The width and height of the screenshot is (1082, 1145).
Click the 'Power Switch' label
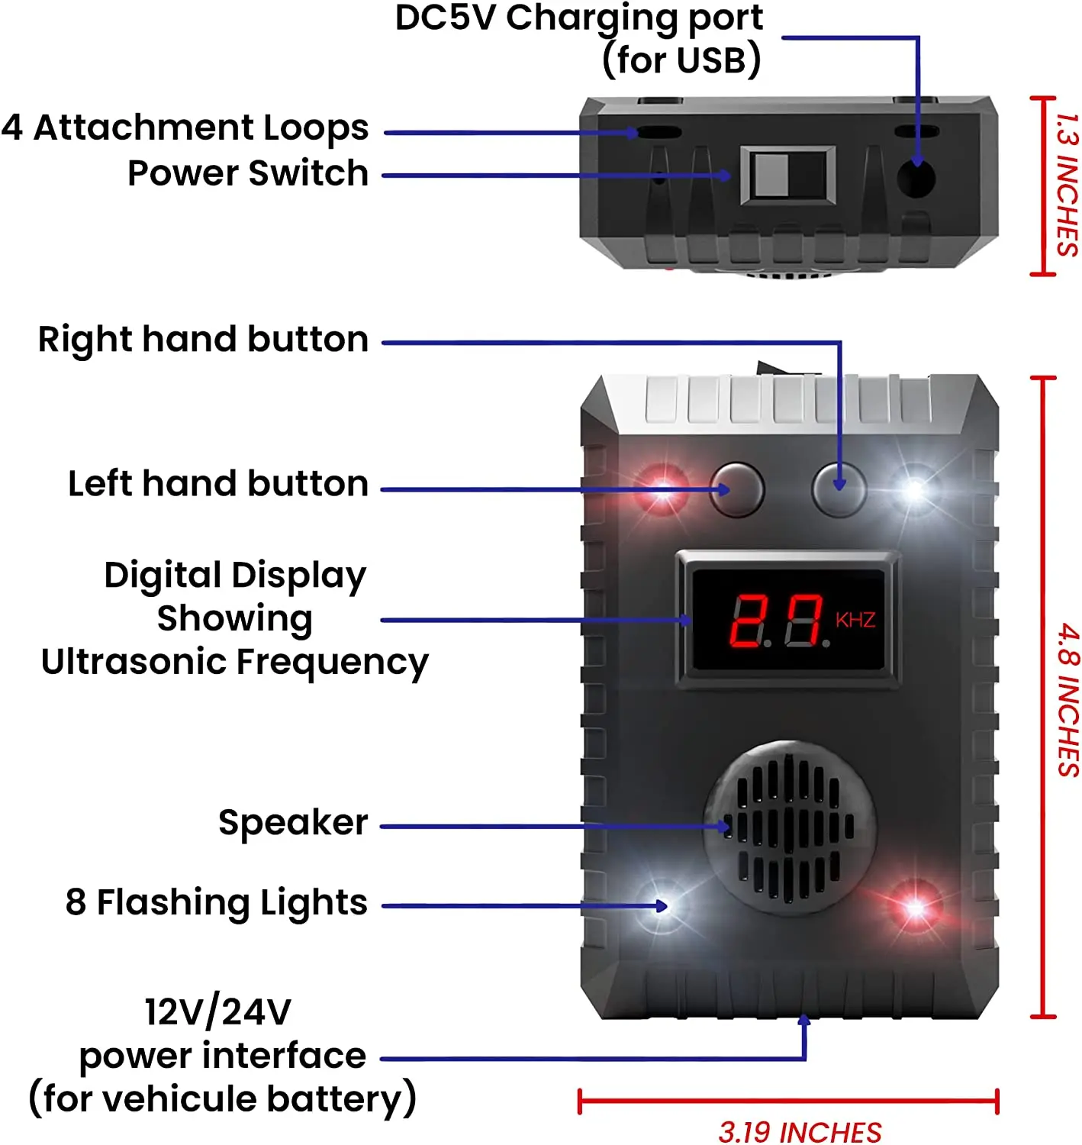click(x=248, y=173)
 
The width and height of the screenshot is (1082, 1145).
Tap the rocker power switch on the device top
click(x=787, y=176)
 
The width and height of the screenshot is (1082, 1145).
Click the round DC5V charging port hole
click(x=916, y=180)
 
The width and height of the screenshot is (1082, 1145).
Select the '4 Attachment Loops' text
click(x=185, y=127)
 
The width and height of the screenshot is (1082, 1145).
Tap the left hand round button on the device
click(x=737, y=489)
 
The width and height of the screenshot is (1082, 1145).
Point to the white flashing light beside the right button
click(x=913, y=489)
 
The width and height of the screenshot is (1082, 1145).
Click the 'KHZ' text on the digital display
click(x=855, y=620)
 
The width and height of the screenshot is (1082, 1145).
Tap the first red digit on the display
click(x=745, y=621)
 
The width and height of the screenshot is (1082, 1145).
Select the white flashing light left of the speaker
click(x=661, y=906)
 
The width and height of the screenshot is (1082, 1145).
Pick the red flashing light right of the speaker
click(x=915, y=907)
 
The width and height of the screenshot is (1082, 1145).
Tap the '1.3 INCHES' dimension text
click(x=1067, y=184)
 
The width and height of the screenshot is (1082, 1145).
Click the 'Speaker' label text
click(x=293, y=823)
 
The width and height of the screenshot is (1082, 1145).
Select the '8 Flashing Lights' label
click(x=217, y=902)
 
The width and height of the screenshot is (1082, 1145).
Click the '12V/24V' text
click(x=218, y=1012)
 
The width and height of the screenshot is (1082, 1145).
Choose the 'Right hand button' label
click(x=203, y=339)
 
